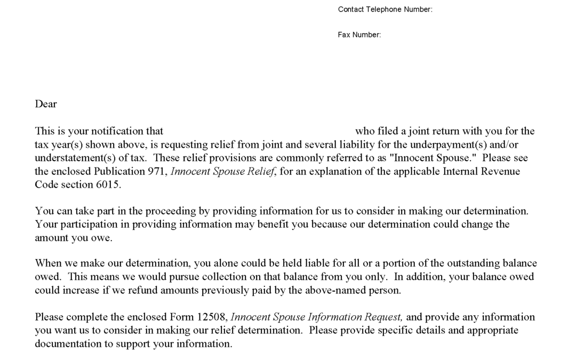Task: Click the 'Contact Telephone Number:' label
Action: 385,10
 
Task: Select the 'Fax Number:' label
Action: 359,35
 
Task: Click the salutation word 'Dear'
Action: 46,104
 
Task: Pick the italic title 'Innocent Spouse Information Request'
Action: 316,317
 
